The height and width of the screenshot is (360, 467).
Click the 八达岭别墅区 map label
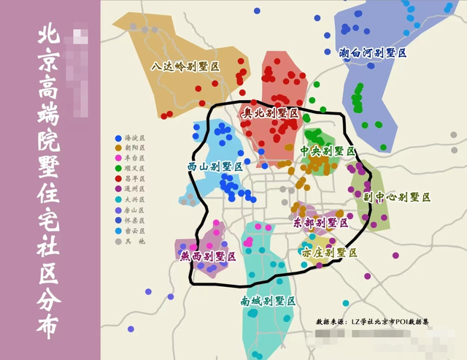tap(186, 66)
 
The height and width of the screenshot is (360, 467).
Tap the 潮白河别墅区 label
tap(372, 53)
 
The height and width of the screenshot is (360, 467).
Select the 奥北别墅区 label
tap(271, 114)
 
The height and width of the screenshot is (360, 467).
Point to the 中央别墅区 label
tap(328, 151)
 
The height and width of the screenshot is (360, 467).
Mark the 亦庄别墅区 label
tap(329, 252)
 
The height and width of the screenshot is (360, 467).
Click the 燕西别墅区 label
tap(208, 256)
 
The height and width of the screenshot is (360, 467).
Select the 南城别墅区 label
tap(268, 300)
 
